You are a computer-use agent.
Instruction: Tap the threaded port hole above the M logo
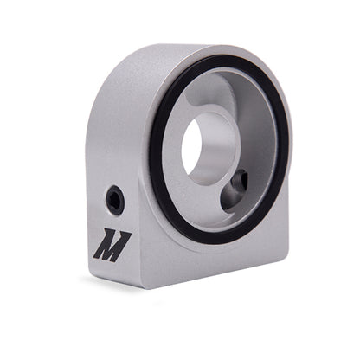114,201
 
